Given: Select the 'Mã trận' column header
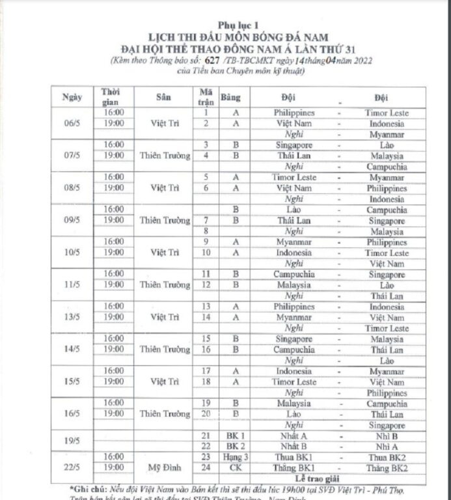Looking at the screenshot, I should pos(206,97).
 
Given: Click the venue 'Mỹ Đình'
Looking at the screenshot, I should pos(165,467).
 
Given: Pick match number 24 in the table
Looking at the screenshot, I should pos(206,467).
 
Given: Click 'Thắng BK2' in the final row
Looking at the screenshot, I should pos(387,467).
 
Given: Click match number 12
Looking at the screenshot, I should pos(206,285).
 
